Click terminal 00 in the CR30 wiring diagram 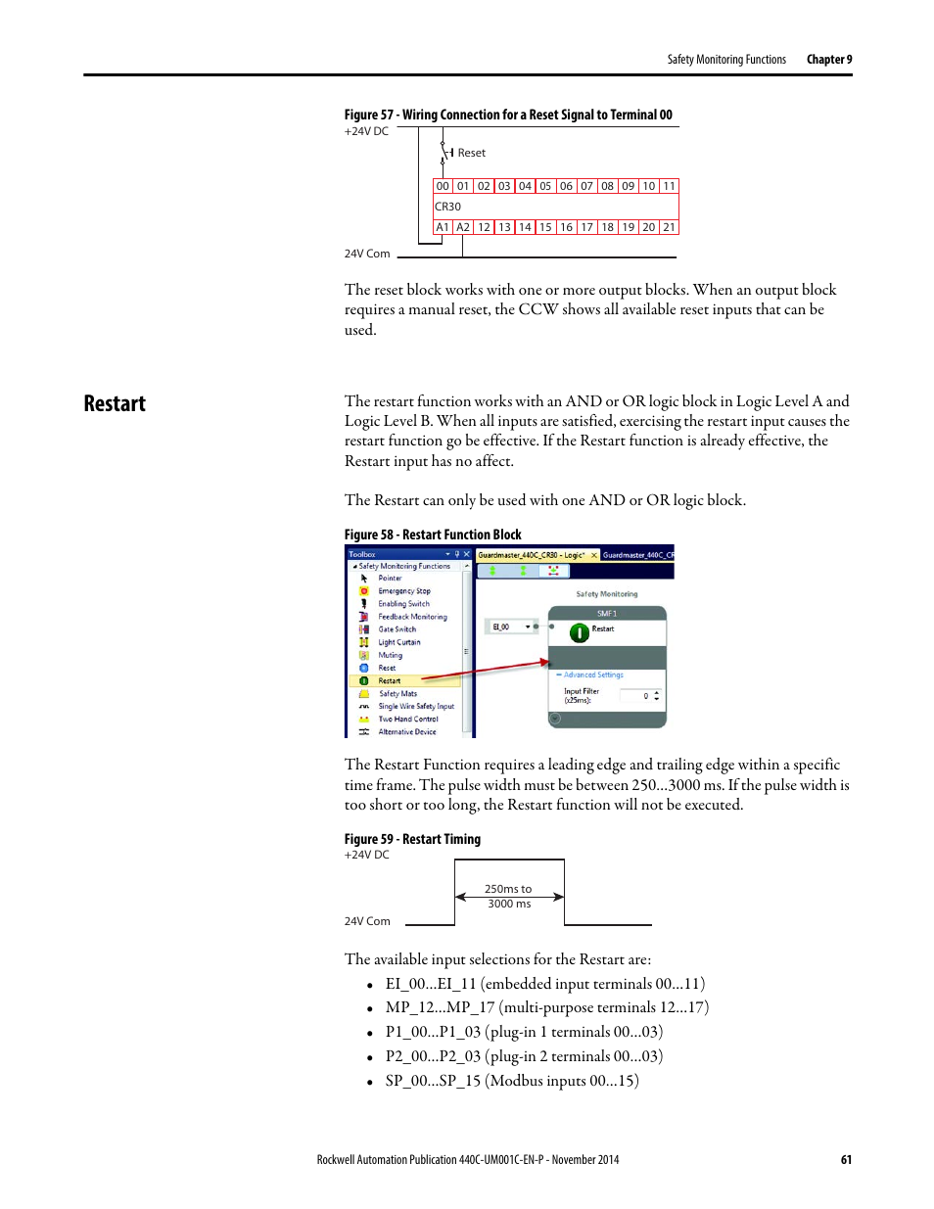point(443,186)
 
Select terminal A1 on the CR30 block point(443,227)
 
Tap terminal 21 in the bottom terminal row point(669,227)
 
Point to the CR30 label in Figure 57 point(447,207)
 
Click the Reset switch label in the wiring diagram point(471,153)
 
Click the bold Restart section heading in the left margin point(115,403)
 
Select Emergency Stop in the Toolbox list point(403,591)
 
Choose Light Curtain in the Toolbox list point(398,642)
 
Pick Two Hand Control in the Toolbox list point(407,719)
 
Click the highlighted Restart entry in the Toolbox point(390,680)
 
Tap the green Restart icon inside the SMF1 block point(580,632)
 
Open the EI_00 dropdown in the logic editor point(529,627)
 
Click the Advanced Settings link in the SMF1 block point(593,674)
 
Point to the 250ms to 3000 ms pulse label point(508,896)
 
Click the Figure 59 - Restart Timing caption point(412,839)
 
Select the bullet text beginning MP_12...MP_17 point(546,1007)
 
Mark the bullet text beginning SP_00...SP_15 point(511,1081)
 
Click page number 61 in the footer point(846,1159)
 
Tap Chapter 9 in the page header point(829,60)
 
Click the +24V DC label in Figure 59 point(366,855)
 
